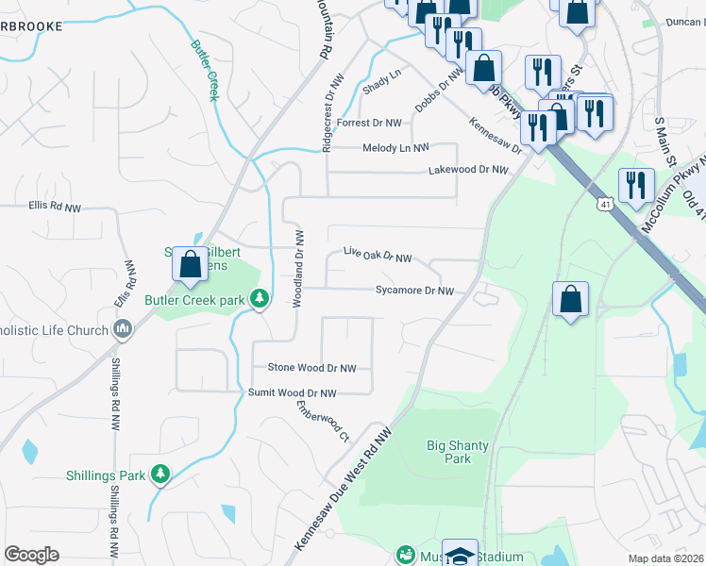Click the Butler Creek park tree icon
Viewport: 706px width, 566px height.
pos(260,300)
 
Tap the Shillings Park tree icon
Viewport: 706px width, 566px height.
pos(160,474)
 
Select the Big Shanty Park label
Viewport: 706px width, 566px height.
pos(448,452)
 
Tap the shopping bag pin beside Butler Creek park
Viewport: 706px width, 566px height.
pos(190,264)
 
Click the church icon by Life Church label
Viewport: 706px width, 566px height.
pos(121,327)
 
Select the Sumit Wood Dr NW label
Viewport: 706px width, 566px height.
pos(292,392)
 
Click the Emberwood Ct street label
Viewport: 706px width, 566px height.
pos(323,423)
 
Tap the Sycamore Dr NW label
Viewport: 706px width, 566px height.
pos(414,291)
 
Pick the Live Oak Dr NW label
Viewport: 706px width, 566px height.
pos(378,257)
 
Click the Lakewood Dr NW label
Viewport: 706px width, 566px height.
pos(468,171)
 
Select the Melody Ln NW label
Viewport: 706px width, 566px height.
pos(395,148)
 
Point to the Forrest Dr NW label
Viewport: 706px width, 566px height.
pos(369,123)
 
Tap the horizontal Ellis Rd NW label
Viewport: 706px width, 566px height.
pos(55,204)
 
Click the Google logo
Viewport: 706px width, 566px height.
pos(31,555)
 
